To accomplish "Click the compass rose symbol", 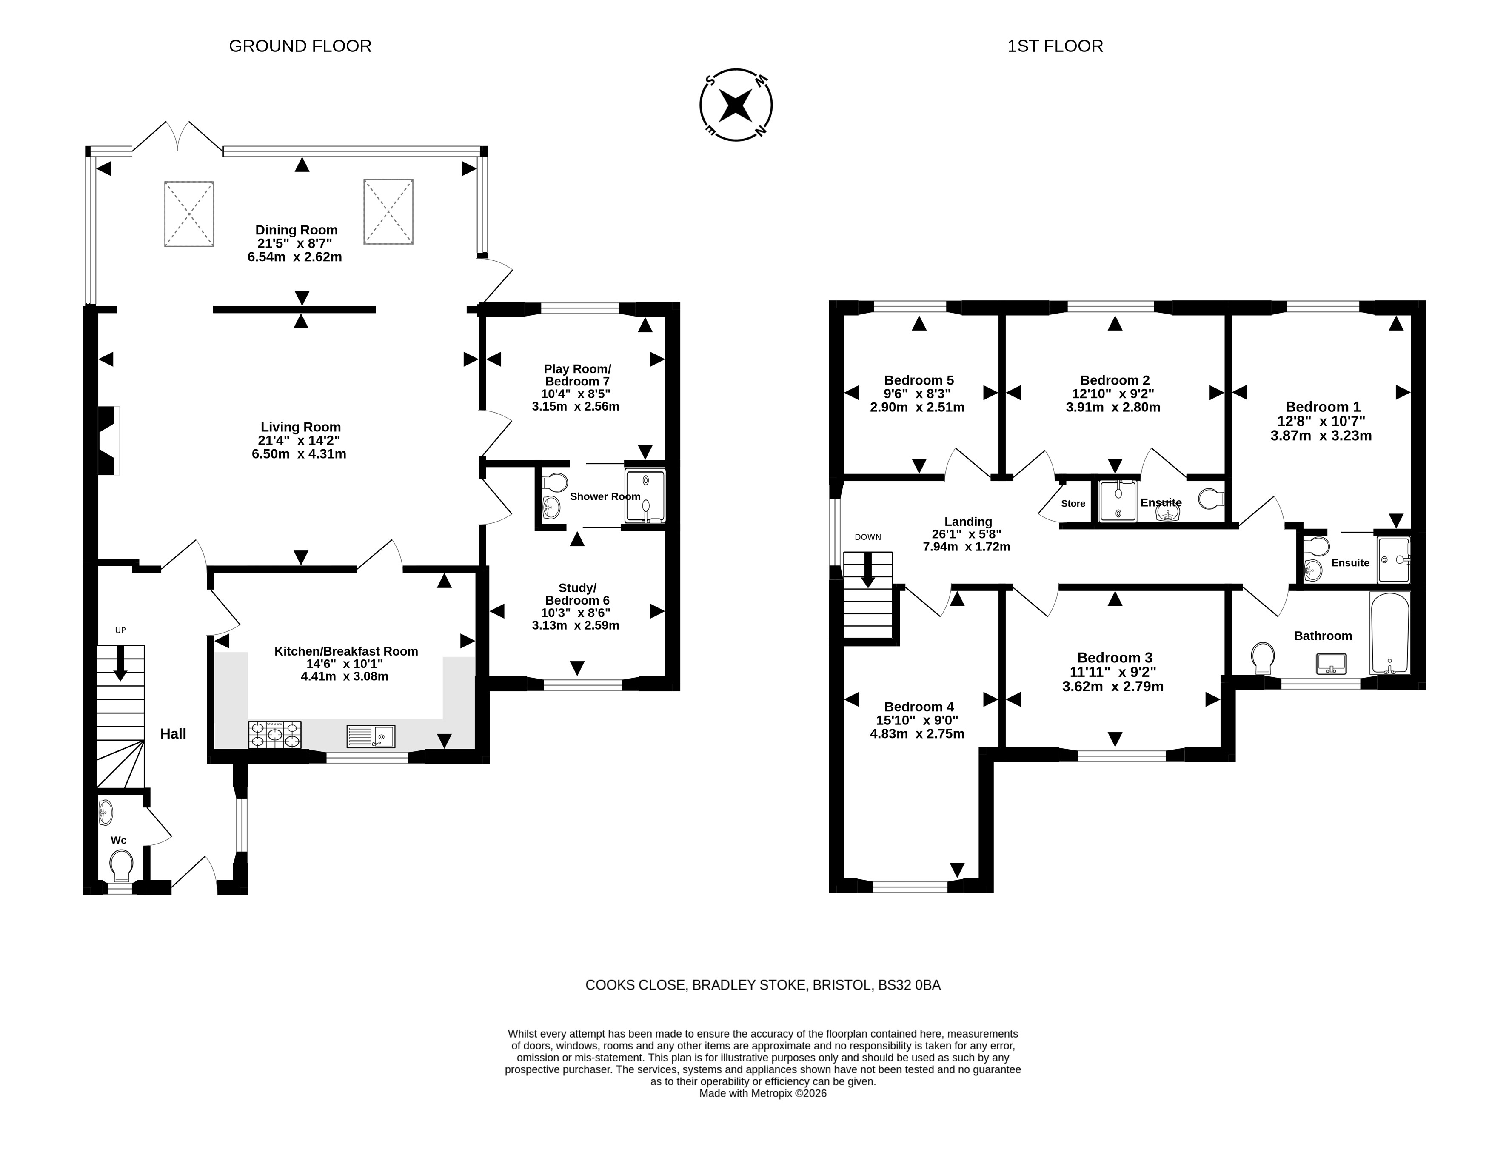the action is pyautogui.click(x=736, y=105).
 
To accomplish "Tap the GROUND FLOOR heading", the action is pyautogui.click(x=300, y=46).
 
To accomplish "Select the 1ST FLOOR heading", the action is pyautogui.click(x=1055, y=46).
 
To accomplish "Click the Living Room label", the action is pyautogui.click(x=300, y=427).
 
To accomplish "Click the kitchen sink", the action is pyautogui.click(x=371, y=736).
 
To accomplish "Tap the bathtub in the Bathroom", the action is pyautogui.click(x=1389, y=633).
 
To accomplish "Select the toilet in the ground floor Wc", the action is pyautogui.click(x=121, y=866).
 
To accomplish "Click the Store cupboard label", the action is pyautogui.click(x=1073, y=503).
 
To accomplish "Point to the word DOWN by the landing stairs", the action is pyautogui.click(x=867, y=537).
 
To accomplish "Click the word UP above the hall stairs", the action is pyautogui.click(x=120, y=630).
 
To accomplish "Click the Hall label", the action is pyautogui.click(x=173, y=733).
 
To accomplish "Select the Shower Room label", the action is pyautogui.click(x=605, y=496).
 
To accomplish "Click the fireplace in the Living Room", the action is pyautogui.click(x=108, y=440).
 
